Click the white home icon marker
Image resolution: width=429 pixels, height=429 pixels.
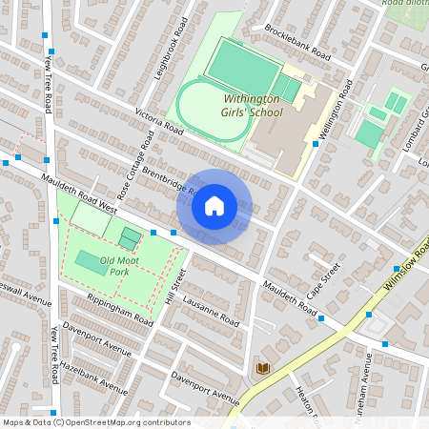pos(214,206)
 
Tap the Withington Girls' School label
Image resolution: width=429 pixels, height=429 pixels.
pos(253,106)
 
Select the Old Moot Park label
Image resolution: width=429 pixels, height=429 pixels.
pos(106,265)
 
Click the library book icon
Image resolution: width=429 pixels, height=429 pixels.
pos(261,368)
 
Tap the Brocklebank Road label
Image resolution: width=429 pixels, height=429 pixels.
pos(297,42)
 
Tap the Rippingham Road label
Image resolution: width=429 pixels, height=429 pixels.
pos(120,306)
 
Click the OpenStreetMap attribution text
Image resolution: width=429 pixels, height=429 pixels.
pos(95,421)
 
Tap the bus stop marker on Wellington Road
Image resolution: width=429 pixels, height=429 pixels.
pos(316,144)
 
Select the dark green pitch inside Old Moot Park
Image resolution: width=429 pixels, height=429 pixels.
pos(92,259)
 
